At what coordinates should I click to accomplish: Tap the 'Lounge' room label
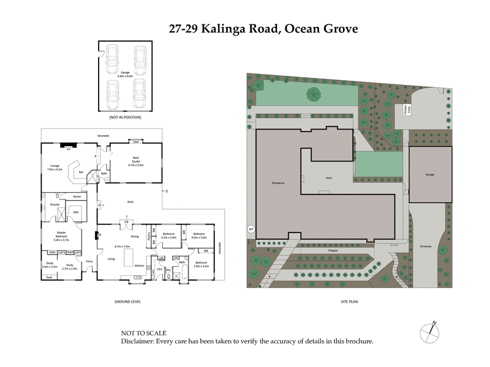click(x=54, y=167)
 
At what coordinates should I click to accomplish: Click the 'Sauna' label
click(x=77, y=196)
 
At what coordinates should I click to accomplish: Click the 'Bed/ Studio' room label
click(x=135, y=161)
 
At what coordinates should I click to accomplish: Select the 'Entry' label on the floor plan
click(x=89, y=261)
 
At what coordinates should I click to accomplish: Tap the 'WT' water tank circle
click(x=251, y=229)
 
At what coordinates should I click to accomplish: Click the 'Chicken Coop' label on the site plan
click(x=405, y=110)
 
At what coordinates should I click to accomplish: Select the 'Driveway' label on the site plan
click(x=426, y=247)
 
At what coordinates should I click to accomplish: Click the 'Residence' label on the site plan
click(x=279, y=183)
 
